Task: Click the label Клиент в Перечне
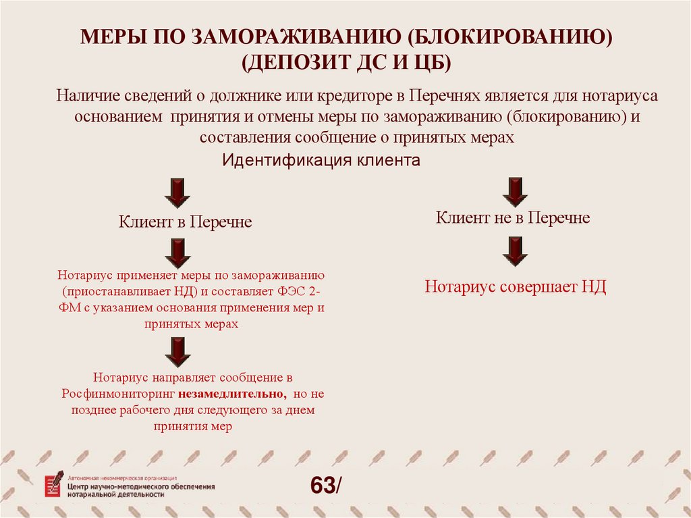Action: tap(185, 222)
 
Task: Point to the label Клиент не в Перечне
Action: tap(513, 217)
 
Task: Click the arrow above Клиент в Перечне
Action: tap(177, 192)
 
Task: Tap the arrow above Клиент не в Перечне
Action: tap(515, 191)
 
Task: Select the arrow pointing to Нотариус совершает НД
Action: tap(515, 251)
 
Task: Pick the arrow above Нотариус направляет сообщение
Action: tap(177, 352)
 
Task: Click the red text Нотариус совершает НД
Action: tap(516, 287)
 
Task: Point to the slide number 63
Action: tap(323, 485)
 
